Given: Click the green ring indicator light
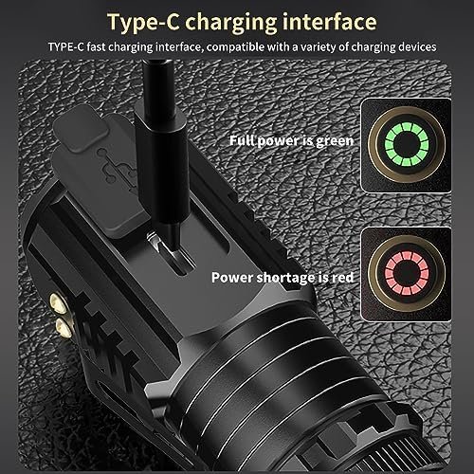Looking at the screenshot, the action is point(407,144).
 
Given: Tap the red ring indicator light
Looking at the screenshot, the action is point(407,273).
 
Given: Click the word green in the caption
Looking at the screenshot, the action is point(335,141).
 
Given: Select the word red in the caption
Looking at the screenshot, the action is point(342,278).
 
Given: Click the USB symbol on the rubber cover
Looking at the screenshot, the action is point(119,170).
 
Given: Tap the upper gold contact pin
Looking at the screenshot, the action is point(58,303).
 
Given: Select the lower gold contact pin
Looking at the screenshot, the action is point(64,327).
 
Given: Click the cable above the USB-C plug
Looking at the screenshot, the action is point(158,85).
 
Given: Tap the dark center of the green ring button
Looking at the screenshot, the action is point(407,144).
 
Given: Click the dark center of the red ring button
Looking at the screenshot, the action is point(407,273).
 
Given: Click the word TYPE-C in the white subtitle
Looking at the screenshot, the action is point(66,47).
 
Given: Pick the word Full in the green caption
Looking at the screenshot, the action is point(242,140).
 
